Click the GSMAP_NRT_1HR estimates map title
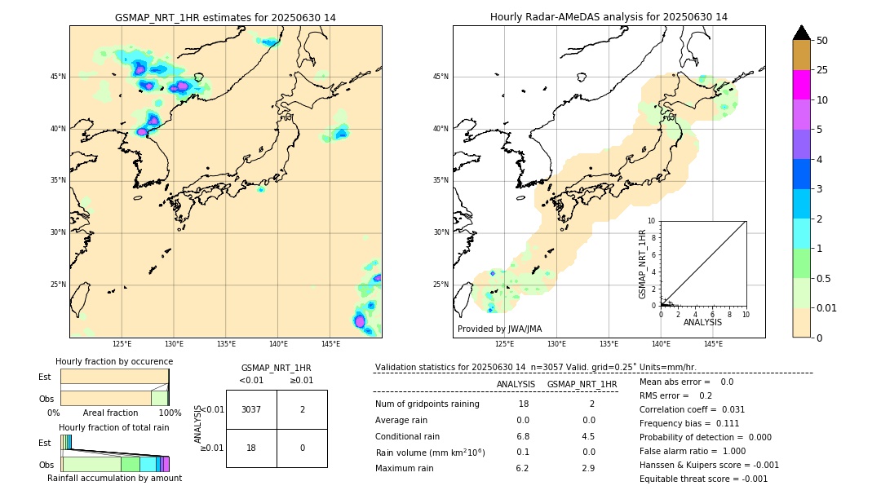tap(225, 17)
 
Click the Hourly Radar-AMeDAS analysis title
tap(609, 17)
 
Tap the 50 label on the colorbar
tap(822, 41)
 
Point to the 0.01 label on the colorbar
tap(827, 307)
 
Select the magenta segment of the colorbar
tap(801, 85)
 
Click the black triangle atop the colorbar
tap(801, 33)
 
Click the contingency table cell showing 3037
tap(251, 409)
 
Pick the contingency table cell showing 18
tap(251, 448)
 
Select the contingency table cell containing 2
tap(302, 409)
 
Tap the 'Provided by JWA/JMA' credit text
tap(499, 329)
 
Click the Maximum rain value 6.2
tap(523, 468)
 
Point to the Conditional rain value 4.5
tap(588, 436)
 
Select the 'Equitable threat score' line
tap(703, 479)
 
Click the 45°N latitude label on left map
tap(58, 77)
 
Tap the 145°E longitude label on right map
tap(713, 344)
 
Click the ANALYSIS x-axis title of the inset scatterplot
tap(702, 322)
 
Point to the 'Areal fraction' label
tap(110, 413)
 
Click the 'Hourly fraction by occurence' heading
tap(114, 361)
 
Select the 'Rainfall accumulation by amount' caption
tap(114, 478)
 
